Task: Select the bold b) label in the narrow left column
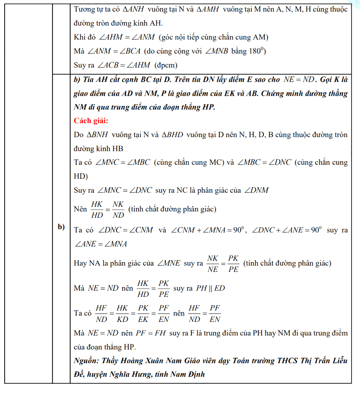[x=61, y=227]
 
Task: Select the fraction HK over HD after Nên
[x=97, y=210]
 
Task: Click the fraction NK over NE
[x=213, y=263]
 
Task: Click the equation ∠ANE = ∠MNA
[x=101, y=243]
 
